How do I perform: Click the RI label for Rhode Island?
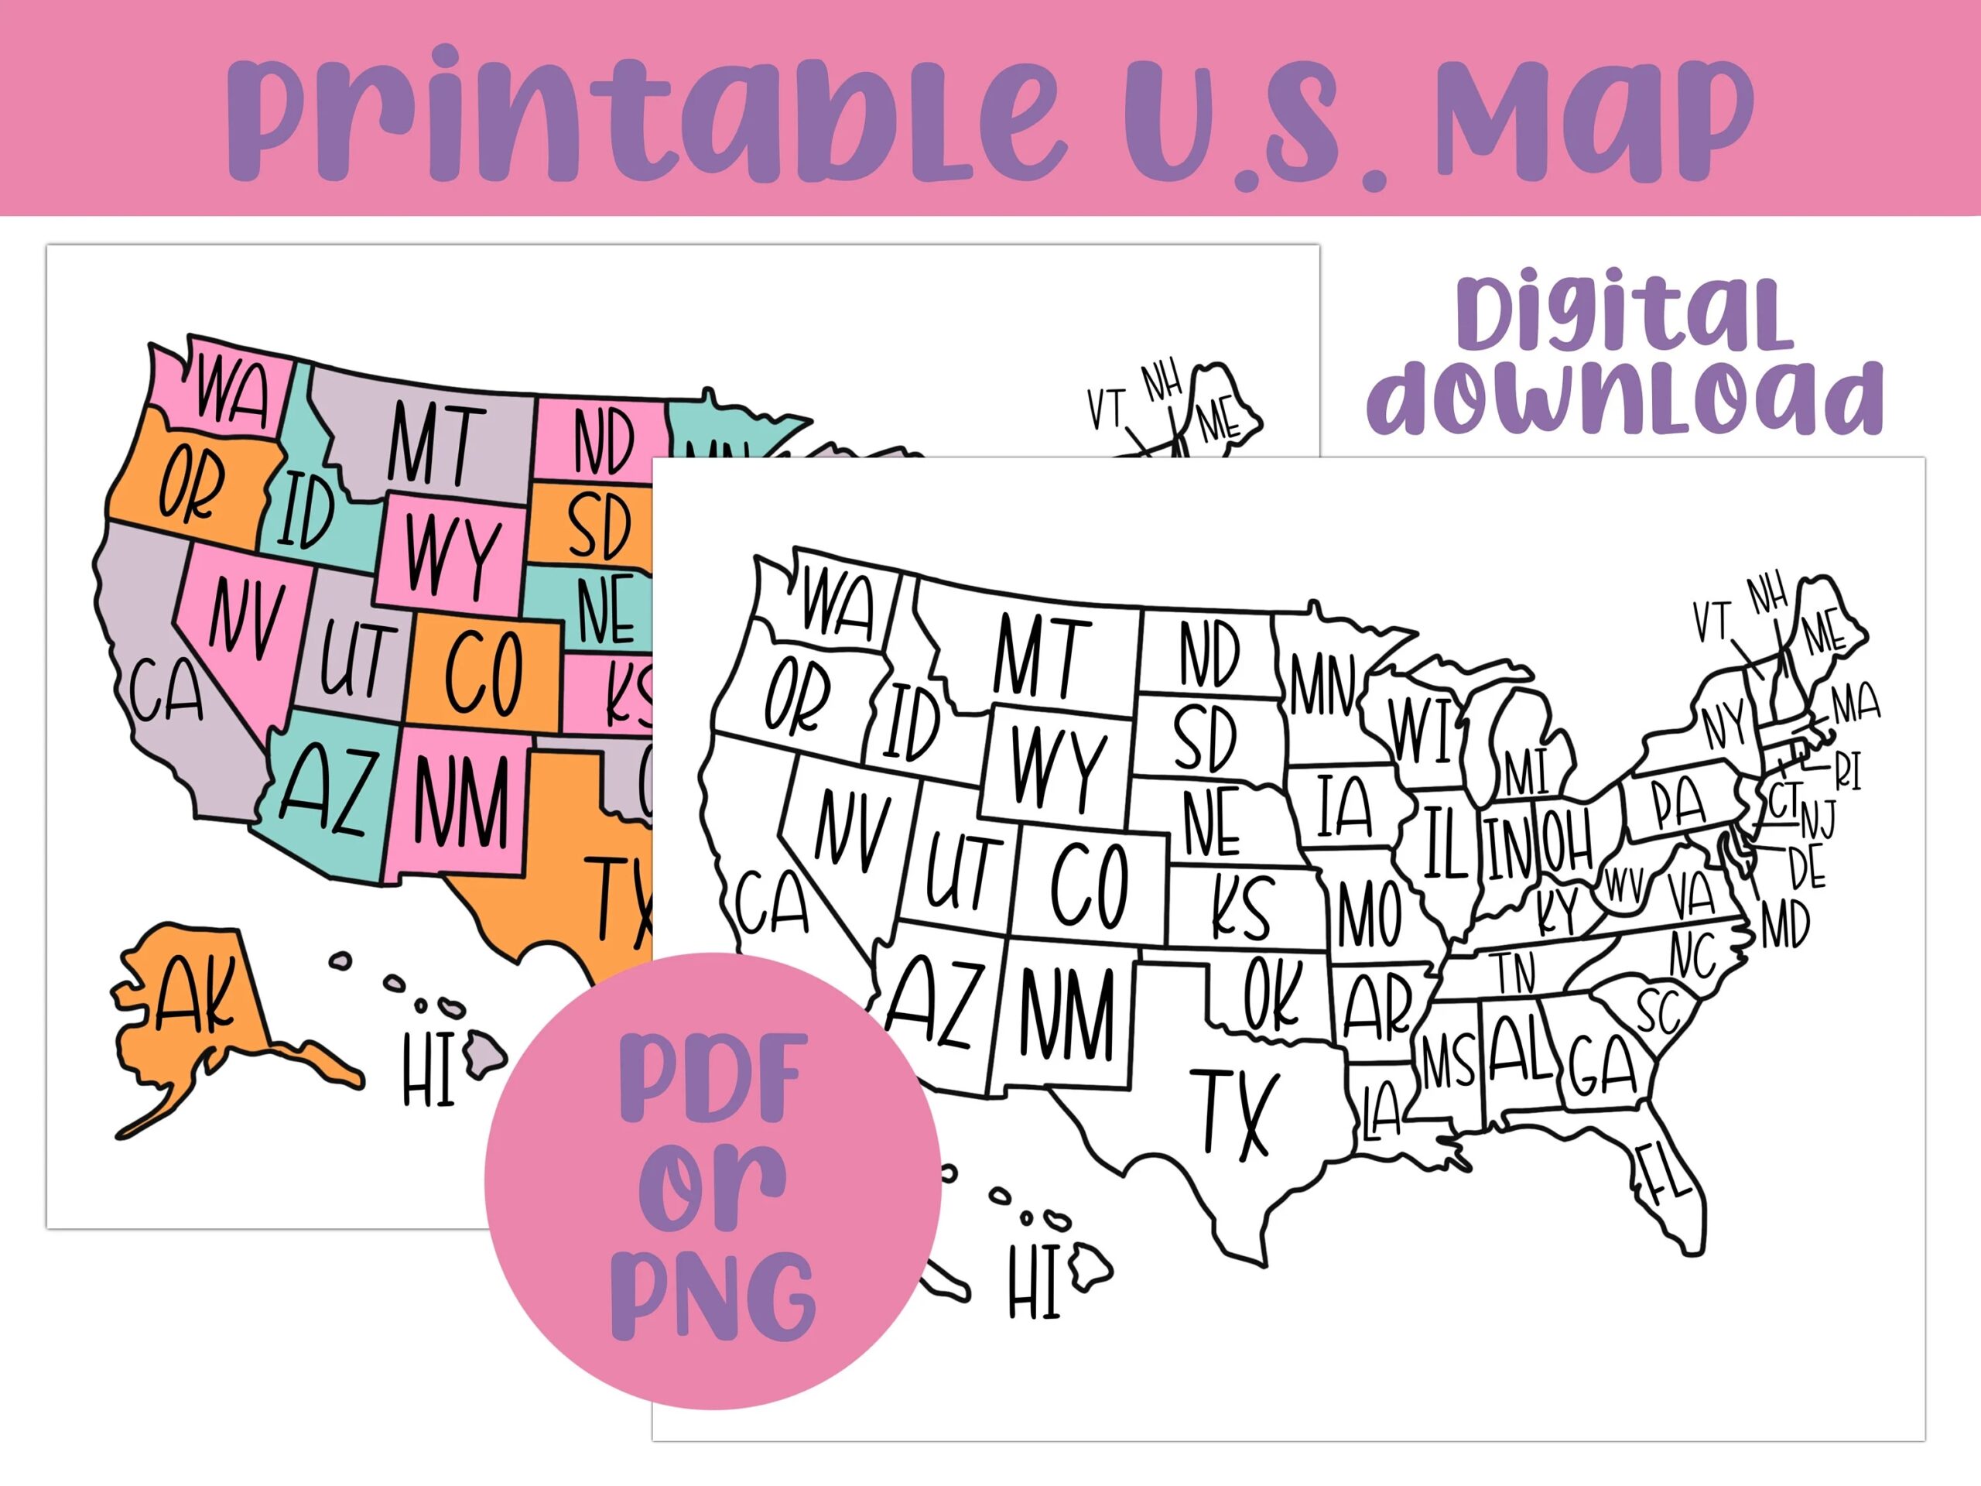pos(1849,770)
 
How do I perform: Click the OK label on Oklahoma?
pos(1271,992)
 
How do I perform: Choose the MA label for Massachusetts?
pos(1855,704)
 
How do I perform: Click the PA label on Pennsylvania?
pos(1678,803)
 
